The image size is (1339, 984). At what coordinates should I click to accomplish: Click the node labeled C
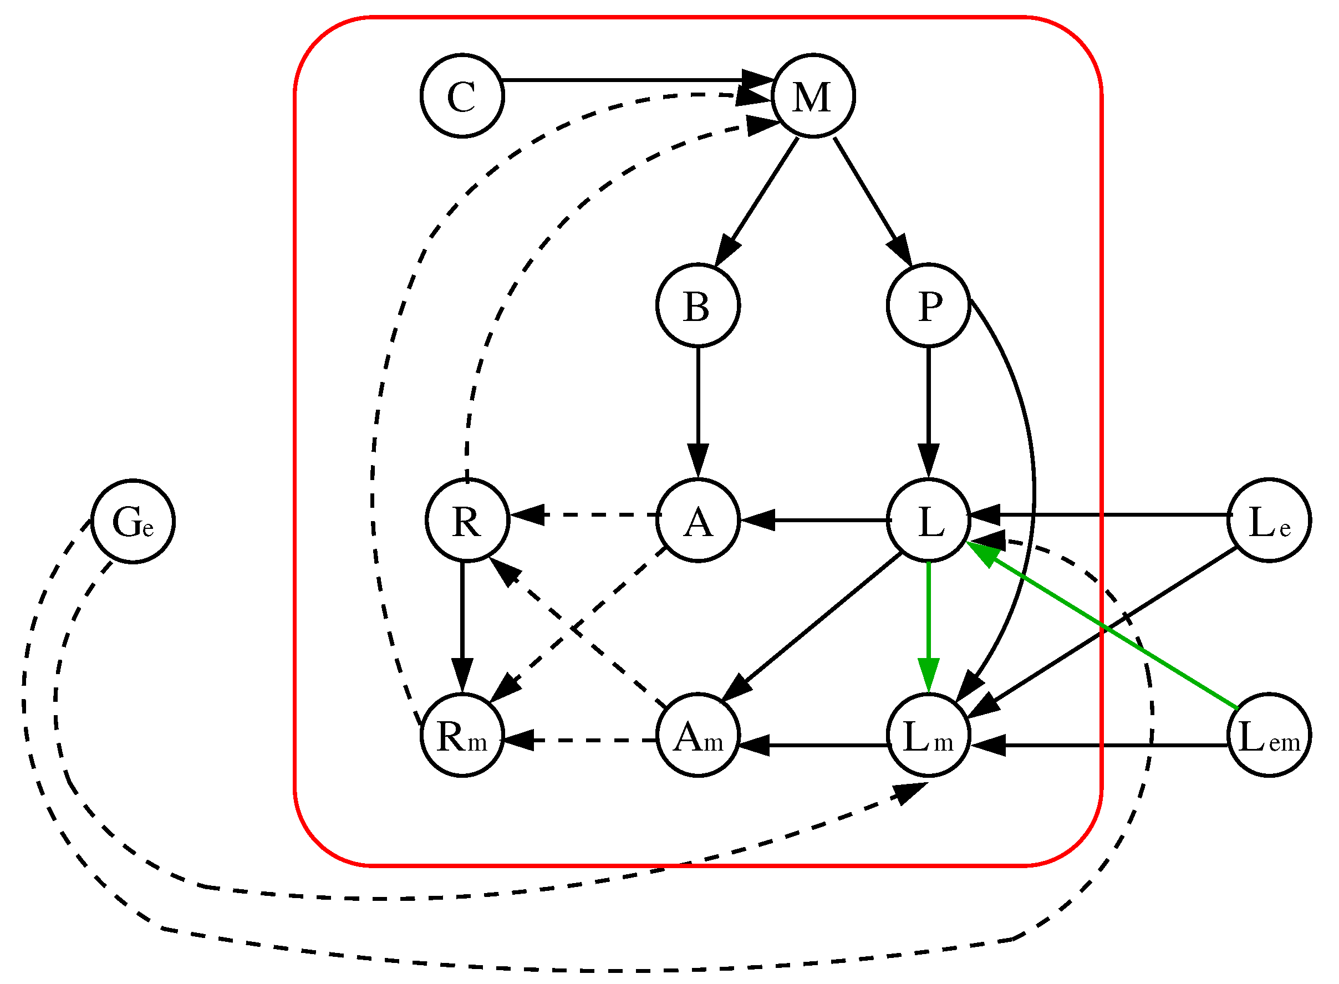coord(462,96)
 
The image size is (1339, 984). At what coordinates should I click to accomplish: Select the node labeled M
coord(813,96)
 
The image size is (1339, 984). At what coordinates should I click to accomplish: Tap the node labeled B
coord(698,305)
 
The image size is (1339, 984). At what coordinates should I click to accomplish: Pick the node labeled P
coord(929,305)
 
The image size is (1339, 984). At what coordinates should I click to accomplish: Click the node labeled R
coord(467,520)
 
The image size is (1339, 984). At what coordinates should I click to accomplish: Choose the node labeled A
coord(698,520)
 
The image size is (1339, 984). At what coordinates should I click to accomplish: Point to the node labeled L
coord(929,520)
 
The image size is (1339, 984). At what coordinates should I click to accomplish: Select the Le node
coord(1269,520)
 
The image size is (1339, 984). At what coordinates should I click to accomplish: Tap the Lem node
coord(1269,735)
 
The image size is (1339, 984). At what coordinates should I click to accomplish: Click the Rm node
coord(462,735)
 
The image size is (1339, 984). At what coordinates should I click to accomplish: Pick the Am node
coord(698,735)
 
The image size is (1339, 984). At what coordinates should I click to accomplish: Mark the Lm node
coord(929,735)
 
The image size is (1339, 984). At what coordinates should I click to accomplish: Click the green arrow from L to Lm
coord(929,619)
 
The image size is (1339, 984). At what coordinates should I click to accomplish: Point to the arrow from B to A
coord(698,405)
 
